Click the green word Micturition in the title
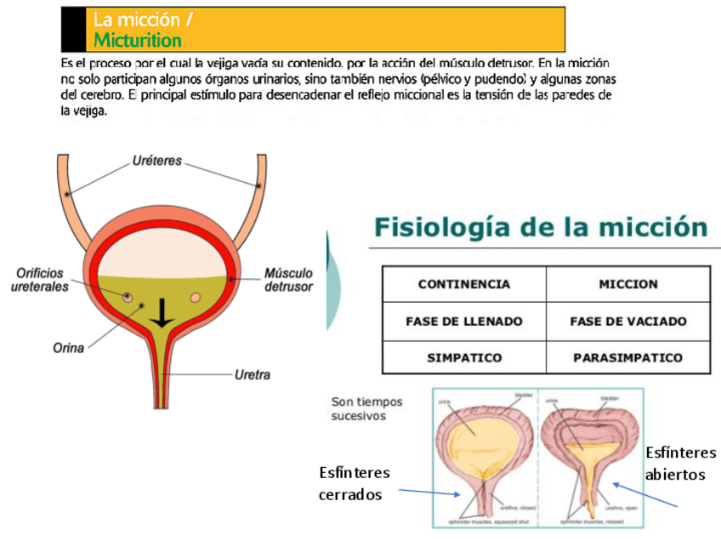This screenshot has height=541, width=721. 138,41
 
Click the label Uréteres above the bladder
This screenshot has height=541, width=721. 156,161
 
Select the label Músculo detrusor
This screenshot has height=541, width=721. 288,280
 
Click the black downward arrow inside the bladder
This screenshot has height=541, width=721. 160,317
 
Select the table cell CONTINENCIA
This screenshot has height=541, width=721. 463,284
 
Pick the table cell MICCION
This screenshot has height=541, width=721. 628,284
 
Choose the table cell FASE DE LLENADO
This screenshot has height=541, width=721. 463,322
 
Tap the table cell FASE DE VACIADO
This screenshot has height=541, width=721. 628,322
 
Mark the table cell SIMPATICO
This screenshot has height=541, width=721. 463,358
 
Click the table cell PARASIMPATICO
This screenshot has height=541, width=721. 628,358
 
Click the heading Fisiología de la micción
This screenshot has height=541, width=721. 541,227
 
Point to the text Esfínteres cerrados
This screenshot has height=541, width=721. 355,483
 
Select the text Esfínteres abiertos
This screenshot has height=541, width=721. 680,463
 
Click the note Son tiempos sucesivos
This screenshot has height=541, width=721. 367,408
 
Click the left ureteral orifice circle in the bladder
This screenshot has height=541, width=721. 128,298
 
